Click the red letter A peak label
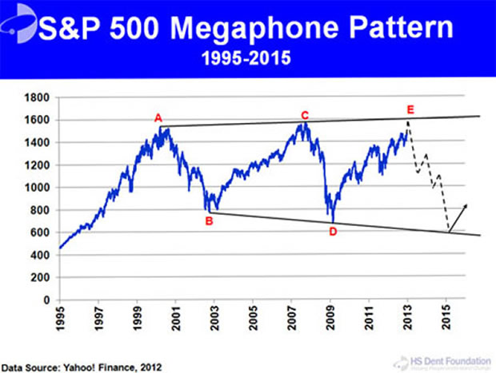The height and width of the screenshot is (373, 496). point(158,118)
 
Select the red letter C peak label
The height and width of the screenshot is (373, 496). point(305,116)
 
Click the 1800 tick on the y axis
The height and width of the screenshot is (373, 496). point(39,97)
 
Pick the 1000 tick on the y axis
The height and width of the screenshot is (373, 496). point(39,188)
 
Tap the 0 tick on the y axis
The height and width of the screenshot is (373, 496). point(47,300)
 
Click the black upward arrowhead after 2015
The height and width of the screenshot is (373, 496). point(466,206)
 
